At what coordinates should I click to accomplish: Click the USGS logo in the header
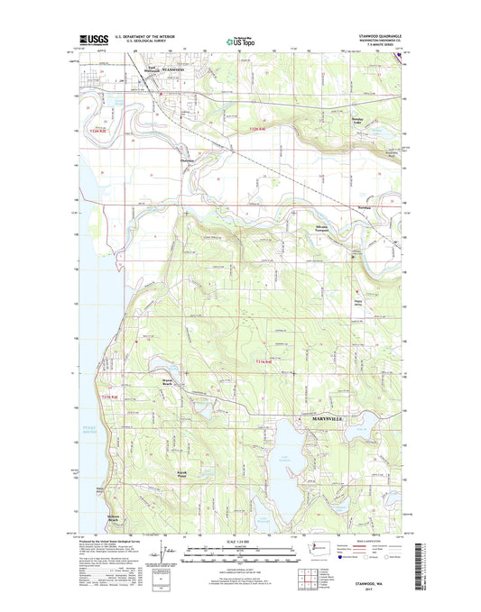(x=97, y=41)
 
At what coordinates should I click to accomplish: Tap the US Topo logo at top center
(x=241, y=41)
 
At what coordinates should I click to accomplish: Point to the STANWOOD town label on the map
(x=171, y=69)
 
